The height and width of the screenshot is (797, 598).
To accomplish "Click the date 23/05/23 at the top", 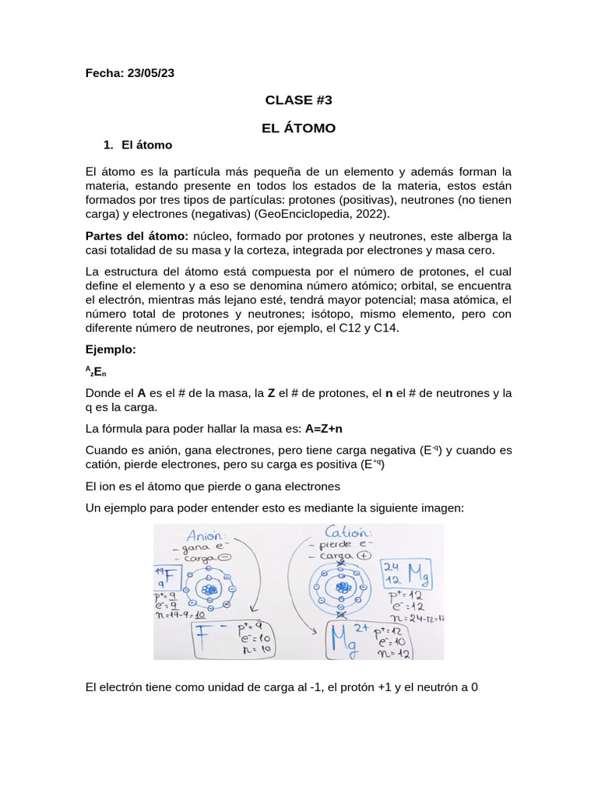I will click(x=148, y=73).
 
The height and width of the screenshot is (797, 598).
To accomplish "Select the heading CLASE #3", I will click(x=298, y=100).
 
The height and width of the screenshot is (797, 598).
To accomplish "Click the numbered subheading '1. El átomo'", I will click(x=138, y=146).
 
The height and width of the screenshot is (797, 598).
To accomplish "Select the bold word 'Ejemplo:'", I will click(x=111, y=349).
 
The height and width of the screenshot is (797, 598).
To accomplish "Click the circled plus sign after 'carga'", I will click(x=363, y=556).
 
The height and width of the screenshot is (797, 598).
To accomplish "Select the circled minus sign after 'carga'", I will click(x=225, y=558).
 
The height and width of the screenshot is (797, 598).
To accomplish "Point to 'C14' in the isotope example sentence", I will click(x=385, y=328).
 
